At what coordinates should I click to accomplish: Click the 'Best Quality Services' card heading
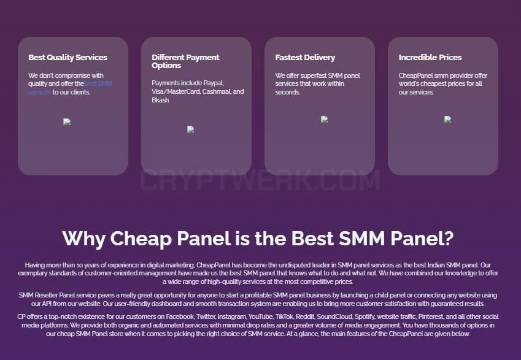click(68, 58)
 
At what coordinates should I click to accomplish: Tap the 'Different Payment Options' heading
click(185, 61)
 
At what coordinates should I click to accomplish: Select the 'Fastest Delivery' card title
click(305, 58)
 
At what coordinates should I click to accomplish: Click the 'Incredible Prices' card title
click(430, 58)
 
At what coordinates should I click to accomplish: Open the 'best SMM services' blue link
click(70, 88)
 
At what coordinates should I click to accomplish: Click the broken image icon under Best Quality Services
click(67, 122)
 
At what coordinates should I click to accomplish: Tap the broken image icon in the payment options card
click(190, 129)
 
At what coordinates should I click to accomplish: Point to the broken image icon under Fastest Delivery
click(324, 119)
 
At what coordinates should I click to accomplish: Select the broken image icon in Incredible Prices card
click(447, 119)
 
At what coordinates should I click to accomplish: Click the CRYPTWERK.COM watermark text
click(260, 180)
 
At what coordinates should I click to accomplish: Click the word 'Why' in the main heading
click(83, 239)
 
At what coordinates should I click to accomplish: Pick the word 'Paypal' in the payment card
click(214, 83)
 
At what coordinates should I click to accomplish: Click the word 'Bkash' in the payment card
click(161, 100)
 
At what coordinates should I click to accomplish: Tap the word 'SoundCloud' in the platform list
click(335, 317)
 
